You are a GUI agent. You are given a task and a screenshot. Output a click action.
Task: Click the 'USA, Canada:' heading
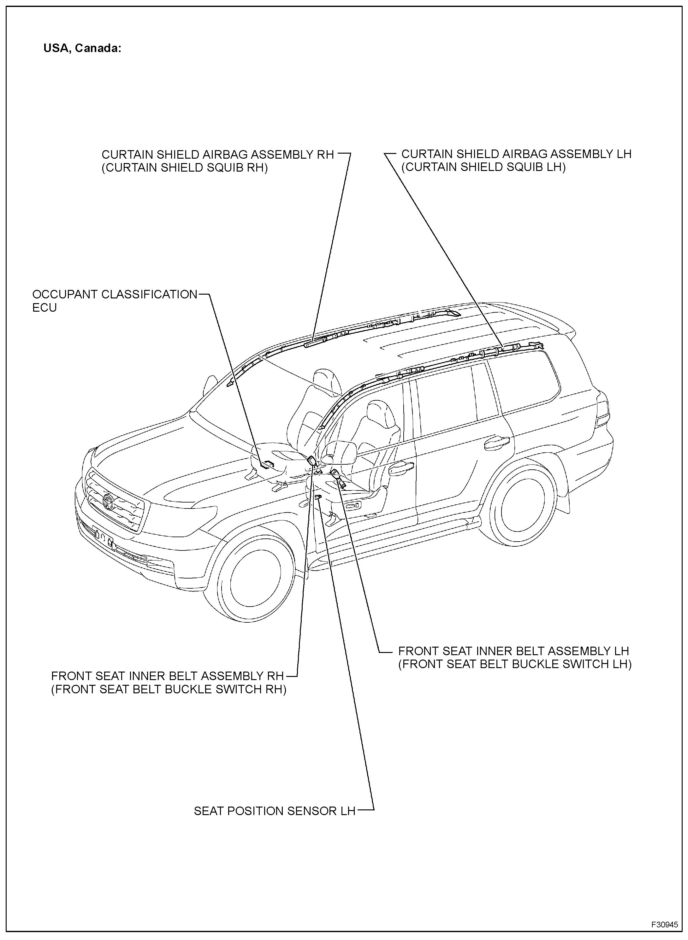pyautogui.click(x=82, y=49)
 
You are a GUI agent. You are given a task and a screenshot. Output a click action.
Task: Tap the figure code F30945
pyautogui.click(x=665, y=923)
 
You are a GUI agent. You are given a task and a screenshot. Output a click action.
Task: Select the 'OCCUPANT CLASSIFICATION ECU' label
pyautogui.click(x=115, y=301)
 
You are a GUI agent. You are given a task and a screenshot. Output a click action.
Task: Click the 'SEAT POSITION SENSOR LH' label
pyautogui.click(x=275, y=811)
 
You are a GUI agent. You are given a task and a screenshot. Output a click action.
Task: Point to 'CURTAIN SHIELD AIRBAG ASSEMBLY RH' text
pyautogui.click(x=218, y=155)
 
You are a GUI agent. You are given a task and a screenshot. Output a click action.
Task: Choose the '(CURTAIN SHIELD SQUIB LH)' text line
pyautogui.click(x=483, y=167)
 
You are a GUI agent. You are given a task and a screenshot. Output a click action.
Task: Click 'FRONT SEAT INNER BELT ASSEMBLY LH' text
pyautogui.click(x=513, y=651)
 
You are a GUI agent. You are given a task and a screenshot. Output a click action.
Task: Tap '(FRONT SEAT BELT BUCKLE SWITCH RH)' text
pyautogui.click(x=169, y=690)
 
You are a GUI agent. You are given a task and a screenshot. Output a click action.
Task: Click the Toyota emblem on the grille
pyautogui.click(x=108, y=501)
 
